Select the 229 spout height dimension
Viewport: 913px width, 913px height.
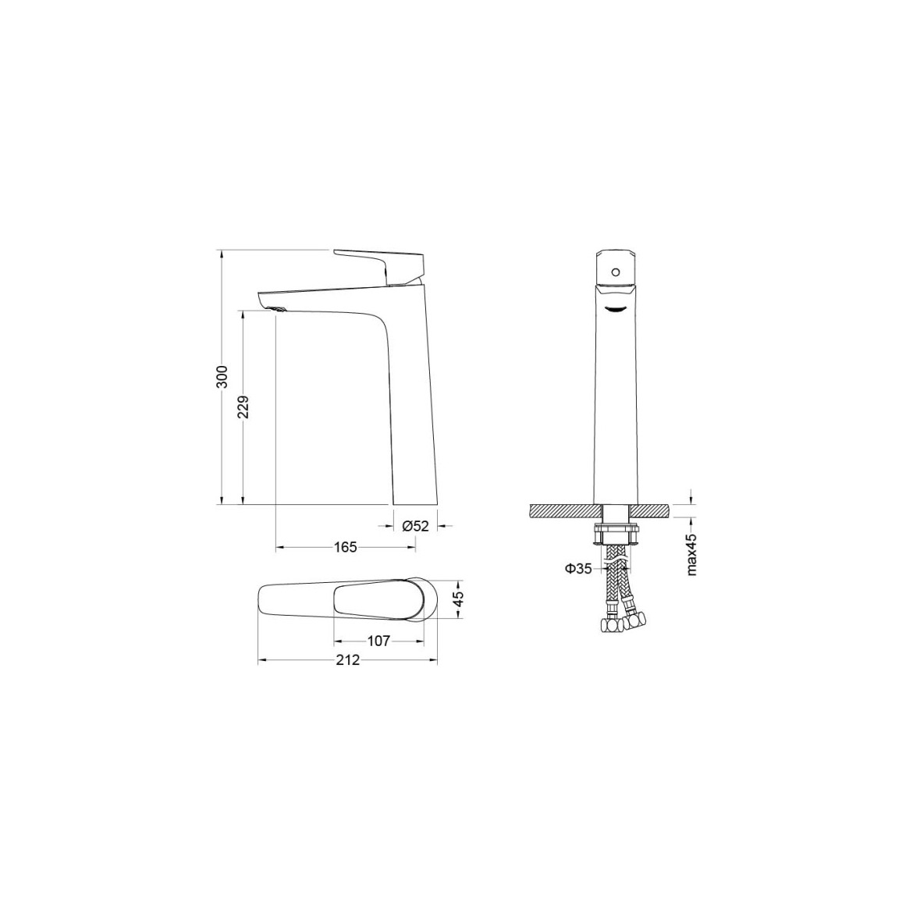(243, 407)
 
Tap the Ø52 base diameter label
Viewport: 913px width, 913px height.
(415, 526)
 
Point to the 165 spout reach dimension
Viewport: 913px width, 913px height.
(345, 547)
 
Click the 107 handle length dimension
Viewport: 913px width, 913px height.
(378, 641)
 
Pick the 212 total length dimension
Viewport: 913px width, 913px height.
(348, 659)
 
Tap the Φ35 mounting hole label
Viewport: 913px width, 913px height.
(578, 568)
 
